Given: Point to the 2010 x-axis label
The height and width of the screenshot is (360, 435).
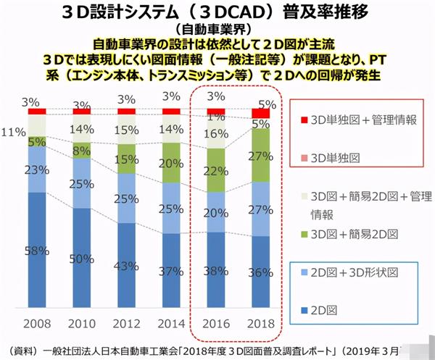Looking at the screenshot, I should pos(82,320).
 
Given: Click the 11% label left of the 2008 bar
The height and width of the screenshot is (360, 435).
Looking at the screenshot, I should pos(11,133).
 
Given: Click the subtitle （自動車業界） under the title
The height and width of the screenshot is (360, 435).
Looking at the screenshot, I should pos(217,30).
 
